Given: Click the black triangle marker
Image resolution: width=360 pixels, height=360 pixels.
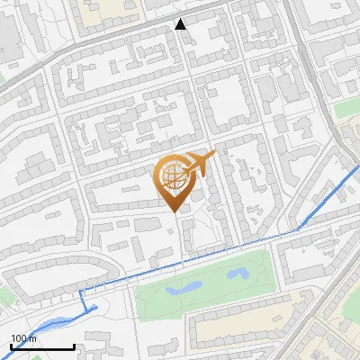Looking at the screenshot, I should coord(181,24).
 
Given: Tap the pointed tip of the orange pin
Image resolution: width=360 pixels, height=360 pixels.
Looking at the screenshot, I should coord(174,211).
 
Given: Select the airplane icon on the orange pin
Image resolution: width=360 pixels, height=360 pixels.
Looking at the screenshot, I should coord(198,163).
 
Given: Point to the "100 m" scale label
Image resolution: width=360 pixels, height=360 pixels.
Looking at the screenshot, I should coord(24,337).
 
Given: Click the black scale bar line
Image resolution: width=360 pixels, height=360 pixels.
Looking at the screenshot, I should coord(42,346).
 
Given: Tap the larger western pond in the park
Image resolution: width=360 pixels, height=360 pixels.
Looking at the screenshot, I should coord(183,288).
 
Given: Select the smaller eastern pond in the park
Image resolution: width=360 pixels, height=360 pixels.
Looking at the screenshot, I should coord(238,272).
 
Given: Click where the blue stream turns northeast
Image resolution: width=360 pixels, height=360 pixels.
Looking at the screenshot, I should coord(298,229).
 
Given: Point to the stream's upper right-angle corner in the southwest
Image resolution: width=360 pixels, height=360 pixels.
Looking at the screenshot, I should coord(83,292).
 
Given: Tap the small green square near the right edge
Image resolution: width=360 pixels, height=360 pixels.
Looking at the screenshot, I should coord(346,109).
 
